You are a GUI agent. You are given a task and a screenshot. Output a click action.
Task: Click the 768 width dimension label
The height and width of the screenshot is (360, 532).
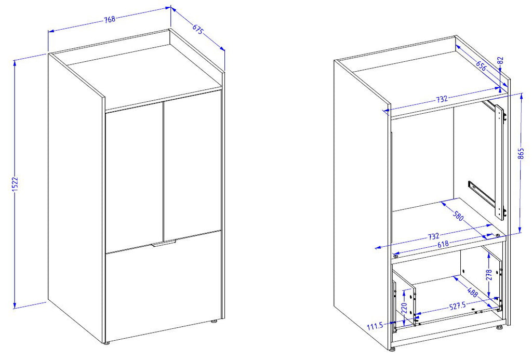pos(110,19)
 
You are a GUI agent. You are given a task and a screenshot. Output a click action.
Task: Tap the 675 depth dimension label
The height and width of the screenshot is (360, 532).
pos(198,30)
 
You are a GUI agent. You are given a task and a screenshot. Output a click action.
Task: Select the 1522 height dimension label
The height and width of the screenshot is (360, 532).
pos(15,184)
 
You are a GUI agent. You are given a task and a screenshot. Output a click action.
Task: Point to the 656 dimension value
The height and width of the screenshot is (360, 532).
pos(481,66)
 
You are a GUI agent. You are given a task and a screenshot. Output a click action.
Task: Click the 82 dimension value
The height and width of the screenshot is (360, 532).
pos(500,61)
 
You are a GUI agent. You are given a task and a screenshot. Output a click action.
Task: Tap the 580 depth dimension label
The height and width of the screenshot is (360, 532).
pos(458,216)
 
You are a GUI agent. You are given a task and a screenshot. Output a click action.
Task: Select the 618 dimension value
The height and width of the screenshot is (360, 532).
pos(443,244)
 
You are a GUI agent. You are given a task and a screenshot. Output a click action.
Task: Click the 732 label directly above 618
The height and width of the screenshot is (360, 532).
pos(433,236)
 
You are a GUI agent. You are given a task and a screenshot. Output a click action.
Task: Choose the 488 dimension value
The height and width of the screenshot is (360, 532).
pos(473,292)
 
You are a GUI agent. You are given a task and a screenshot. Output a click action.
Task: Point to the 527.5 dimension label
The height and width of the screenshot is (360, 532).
pos(457,306)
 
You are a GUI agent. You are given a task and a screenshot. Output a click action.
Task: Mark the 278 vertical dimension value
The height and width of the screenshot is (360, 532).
pos(488,275)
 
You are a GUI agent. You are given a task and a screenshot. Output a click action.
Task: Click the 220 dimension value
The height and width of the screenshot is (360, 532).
pos(404,308)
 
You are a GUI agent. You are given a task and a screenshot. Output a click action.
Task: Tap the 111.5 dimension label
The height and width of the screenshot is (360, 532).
pos(375,326)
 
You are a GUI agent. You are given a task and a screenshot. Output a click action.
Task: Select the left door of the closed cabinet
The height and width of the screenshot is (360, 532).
pos(134,177)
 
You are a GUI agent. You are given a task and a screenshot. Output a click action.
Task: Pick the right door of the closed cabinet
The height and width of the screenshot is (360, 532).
pos(192,166)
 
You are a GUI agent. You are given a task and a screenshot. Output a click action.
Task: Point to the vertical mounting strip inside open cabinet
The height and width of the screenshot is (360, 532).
pos(499,162)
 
